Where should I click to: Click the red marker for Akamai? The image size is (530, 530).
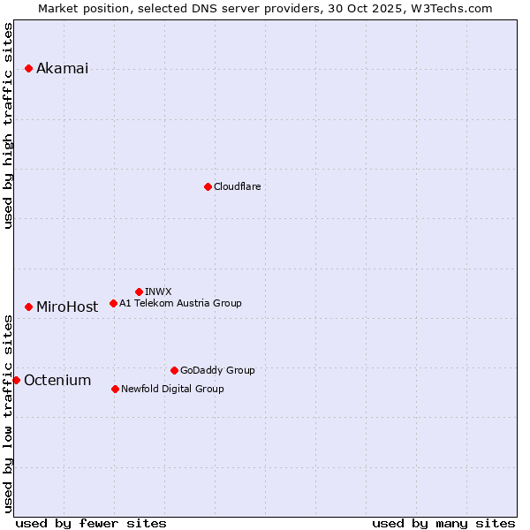[28, 68]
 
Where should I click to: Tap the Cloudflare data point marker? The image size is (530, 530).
[208, 186]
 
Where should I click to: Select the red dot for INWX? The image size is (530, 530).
[139, 291]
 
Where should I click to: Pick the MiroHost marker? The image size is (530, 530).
[28, 307]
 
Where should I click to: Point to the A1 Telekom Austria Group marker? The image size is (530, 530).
[113, 303]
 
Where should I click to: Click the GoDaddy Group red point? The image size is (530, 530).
[174, 370]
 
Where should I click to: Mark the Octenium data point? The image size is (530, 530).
[16, 380]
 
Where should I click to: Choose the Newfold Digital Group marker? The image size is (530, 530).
[115, 389]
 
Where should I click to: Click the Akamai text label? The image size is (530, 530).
[62, 69]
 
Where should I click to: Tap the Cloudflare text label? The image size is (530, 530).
[237, 186]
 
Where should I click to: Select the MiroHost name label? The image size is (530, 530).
[67, 307]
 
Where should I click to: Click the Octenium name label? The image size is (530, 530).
[57, 381]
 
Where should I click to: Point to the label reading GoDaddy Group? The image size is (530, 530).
[217, 370]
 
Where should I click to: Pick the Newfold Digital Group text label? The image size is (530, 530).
[172, 389]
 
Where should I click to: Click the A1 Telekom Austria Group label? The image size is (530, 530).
[180, 303]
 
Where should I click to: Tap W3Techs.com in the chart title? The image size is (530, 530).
[455, 8]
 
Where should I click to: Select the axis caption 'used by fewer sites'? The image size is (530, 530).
[91, 523]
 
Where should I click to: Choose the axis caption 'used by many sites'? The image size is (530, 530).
[443, 523]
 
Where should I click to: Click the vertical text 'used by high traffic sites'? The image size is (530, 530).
[9, 125]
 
